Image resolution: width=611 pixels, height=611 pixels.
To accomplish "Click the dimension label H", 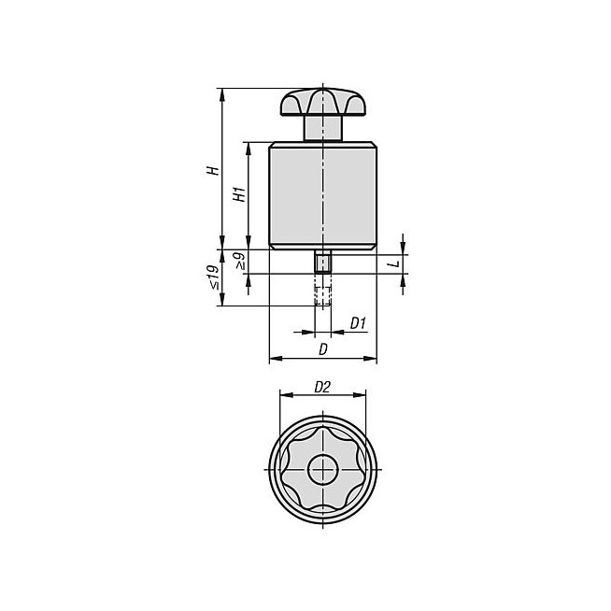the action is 213,171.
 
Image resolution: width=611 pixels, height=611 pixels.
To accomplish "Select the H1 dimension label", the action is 239,194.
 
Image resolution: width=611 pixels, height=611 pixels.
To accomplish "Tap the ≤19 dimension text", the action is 213,277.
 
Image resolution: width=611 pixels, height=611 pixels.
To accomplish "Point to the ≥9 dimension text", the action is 239,261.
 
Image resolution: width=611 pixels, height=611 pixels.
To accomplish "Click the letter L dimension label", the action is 395,263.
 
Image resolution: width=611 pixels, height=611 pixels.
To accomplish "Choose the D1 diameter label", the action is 358,323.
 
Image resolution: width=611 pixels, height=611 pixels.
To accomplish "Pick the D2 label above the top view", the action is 322,387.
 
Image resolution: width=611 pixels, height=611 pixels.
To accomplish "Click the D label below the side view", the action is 322,350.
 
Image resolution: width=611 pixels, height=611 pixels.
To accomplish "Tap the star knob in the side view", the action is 323,102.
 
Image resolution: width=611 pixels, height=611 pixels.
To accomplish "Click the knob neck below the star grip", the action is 323,128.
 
